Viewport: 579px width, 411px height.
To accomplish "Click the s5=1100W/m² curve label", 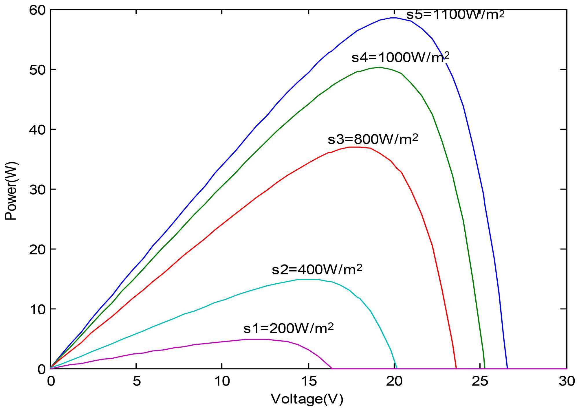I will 455,14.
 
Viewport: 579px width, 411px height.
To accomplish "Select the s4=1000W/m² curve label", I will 400,58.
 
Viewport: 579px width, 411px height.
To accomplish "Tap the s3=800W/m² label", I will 373,139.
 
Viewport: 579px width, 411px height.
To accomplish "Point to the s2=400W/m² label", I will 317,269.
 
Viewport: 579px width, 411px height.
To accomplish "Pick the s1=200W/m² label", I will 289,328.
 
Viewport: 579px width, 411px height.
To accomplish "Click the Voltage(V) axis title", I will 307,399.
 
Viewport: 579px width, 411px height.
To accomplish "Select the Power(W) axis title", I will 12,191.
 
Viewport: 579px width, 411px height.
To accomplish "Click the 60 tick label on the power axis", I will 38,10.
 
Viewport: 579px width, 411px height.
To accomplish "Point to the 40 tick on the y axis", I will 38,129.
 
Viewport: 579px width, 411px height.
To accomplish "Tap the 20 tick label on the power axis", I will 38,249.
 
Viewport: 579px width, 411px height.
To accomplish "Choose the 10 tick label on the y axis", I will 38,309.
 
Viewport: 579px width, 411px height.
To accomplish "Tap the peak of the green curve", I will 380,67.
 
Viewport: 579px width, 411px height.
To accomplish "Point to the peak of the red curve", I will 355,147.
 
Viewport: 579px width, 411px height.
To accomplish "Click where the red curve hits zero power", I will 456,368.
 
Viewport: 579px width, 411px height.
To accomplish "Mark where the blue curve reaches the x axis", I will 507,368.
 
